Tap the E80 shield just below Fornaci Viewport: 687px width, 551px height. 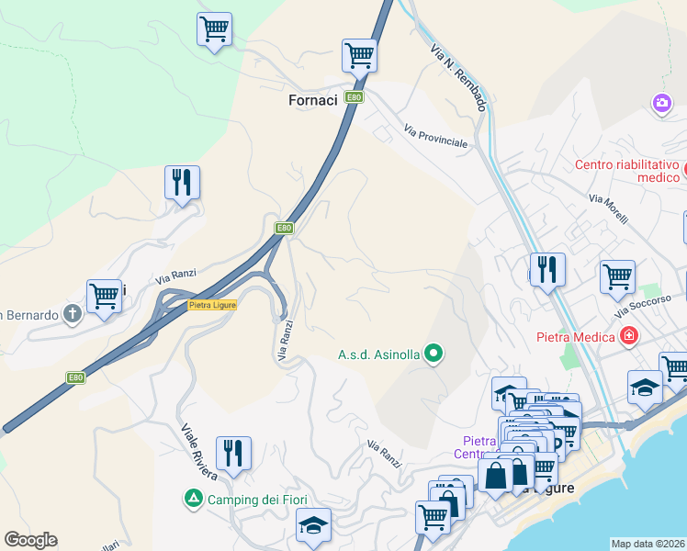click(x=354, y=97)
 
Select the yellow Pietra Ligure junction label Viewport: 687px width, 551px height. click(x=212, y=305)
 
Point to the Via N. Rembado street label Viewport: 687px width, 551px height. click(x=457, y=77)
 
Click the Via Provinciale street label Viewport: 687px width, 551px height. click(x=435, y=139)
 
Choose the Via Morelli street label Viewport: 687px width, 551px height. click(x=608, y=210)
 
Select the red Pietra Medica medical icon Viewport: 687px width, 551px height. click(x=628, y=336)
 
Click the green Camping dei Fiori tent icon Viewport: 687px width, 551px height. click(x=193, y=500)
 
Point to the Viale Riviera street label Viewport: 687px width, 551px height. click(x=198, y=452)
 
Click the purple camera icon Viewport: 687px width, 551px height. click(x=661, y=103)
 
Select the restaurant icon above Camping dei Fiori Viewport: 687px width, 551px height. click(x=233, y=453)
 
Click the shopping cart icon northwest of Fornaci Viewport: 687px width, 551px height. click(x=214, y=28)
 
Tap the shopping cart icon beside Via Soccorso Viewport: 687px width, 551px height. click(x=617, y=275)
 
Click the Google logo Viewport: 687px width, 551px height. click(x=30, y=540)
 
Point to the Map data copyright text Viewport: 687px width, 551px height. click(x=648, y=544)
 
